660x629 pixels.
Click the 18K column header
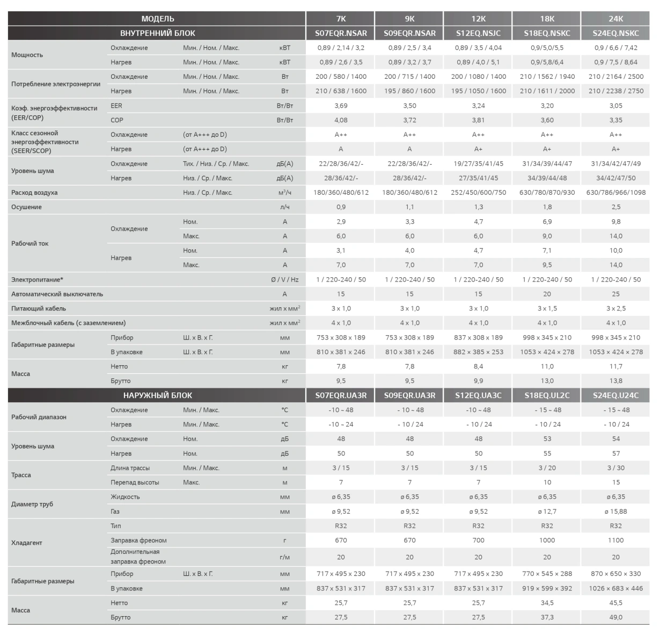547,19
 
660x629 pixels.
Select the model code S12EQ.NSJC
478,33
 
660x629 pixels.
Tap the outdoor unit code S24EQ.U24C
615,395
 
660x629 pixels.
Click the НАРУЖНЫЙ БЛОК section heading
157,395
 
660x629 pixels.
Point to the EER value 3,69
341,106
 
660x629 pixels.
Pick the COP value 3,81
478,120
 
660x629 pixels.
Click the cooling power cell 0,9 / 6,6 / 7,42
615,48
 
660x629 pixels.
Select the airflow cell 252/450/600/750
478,193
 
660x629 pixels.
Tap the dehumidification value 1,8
547,207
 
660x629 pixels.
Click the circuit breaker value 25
615,294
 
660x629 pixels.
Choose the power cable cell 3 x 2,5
615,308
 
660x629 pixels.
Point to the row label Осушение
26,207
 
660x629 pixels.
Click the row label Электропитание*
37,279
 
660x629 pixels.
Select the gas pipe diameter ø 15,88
615,511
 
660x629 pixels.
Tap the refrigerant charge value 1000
547,540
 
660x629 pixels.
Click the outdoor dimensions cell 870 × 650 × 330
615,574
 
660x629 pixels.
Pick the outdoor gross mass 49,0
615,617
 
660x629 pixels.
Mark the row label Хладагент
26,543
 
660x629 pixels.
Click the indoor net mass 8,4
478,366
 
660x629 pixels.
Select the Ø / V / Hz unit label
285,279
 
